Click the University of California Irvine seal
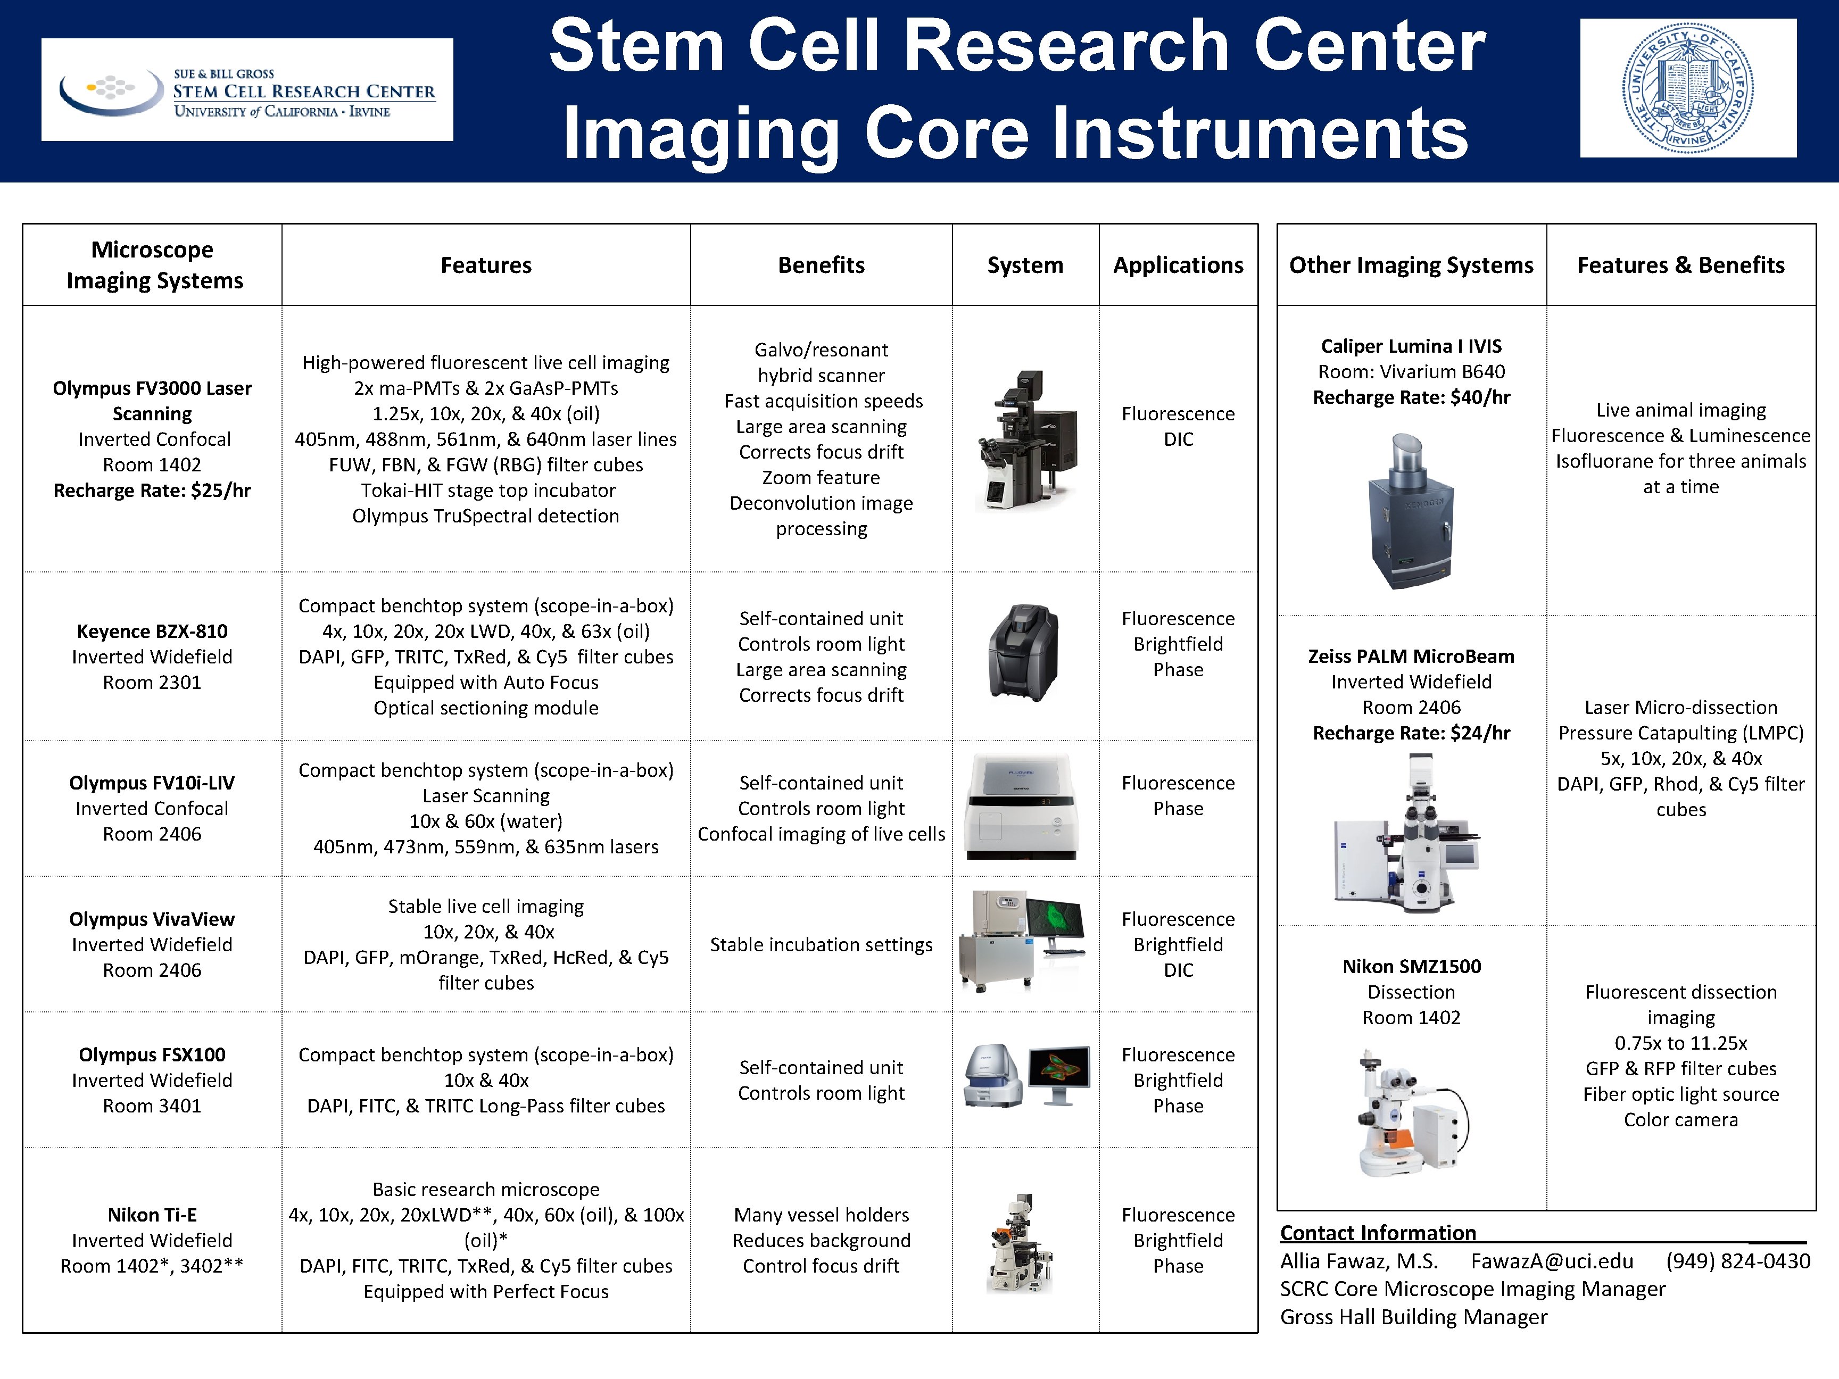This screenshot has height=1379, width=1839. pyautogui.click(x=1688, y=88)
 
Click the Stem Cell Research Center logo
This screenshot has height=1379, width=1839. pyautogui.click(x=247, y=90)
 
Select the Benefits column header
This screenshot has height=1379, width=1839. pyautogui.click(x=821, y=265)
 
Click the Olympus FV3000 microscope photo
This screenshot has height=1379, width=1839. pyautogui.click(x=1025, y=440)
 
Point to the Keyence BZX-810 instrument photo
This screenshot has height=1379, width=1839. pyautogui.click(x=1023, y=653)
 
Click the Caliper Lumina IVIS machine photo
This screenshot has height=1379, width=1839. pyautogui.click(x=1411, y=511)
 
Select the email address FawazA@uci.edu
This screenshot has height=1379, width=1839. pyautogui.click(x=1551, y=1261)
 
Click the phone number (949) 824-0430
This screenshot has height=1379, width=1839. pyautogui.click(x=1737, y=1261)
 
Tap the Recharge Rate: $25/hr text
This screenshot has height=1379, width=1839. pyautogui.click(x=152, y=491)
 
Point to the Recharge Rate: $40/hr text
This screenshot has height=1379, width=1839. pyautogui.click(x=1411, y=397)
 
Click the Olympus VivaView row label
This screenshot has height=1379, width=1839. pyautogui.click(x=152, y=919)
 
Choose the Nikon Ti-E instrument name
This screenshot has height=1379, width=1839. pyautogui.click(x=152, y=1215)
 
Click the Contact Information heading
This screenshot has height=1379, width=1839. pyautogui.click(x=1378, y=1233)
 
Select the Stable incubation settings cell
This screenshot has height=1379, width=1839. pyautogui.click(x=821, y=945)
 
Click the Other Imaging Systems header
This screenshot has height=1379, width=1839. pyautogui.click(x=1411, y=265)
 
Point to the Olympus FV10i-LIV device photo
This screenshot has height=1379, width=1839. pyautogui.click(x=1022, y=807)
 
